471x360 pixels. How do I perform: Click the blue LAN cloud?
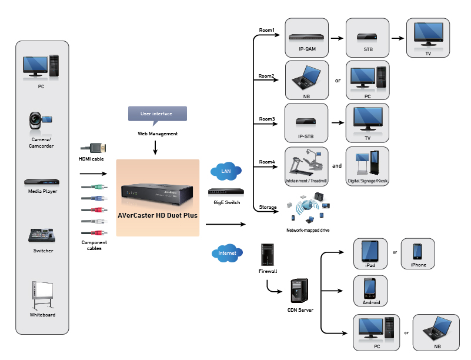click(x=225, y=171)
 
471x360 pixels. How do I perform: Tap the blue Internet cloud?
click(x=226, y=253)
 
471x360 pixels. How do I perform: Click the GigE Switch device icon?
click(x=226, y=192)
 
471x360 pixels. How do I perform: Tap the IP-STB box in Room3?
click(x=307, y=123)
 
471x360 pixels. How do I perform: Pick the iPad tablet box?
click(x=370, y=254)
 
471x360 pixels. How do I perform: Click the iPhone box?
click(x=418, y=254)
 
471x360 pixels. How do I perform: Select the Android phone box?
click(x=370, y=291)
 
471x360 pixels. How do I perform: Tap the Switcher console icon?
click(x=42, y=236)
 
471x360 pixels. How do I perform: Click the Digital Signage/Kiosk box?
click(x=368, y=166)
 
